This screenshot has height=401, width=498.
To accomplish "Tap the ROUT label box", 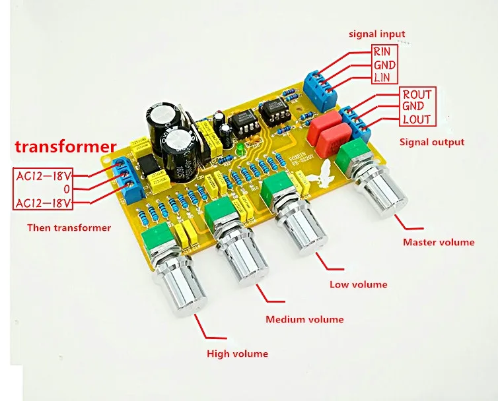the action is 416,95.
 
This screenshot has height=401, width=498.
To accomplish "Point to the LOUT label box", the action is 416,120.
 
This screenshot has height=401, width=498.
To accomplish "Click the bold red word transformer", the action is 65,146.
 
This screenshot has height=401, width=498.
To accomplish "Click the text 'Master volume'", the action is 439,242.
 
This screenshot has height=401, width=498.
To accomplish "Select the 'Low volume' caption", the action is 358,284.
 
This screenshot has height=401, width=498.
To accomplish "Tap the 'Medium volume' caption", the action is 304,319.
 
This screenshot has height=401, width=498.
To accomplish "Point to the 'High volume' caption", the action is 237,354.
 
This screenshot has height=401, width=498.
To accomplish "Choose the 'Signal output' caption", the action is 431,142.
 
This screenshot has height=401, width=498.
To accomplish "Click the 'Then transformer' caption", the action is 69,228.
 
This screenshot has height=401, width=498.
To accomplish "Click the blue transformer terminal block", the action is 127,179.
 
